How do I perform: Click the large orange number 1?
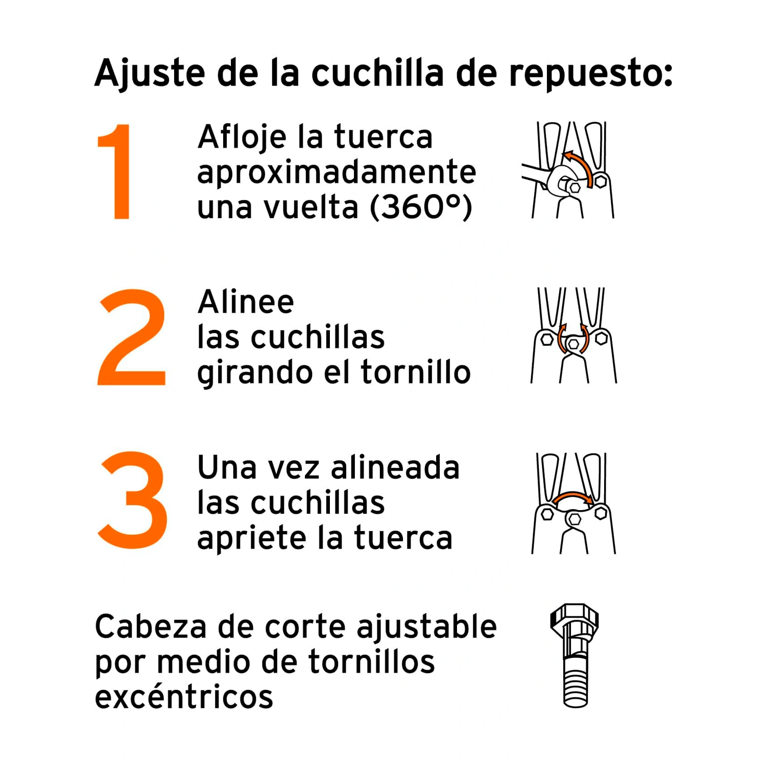116,172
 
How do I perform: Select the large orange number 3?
133,500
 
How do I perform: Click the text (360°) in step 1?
421,207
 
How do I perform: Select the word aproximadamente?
337,173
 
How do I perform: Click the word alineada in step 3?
395,467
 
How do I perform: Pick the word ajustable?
427,628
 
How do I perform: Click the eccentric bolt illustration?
574,656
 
